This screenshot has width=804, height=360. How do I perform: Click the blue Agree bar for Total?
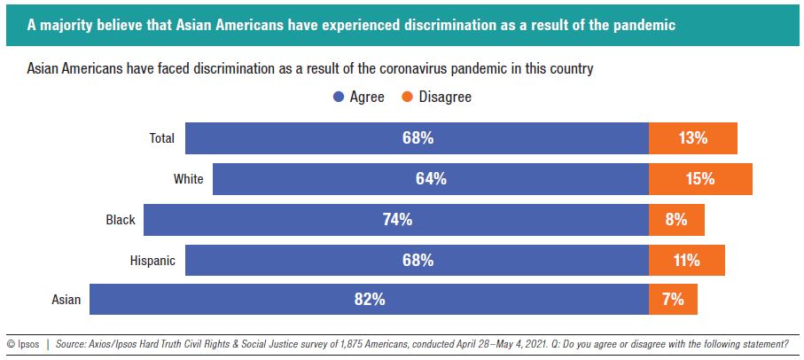coord(417,138)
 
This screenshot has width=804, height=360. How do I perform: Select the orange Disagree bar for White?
coord(700,179)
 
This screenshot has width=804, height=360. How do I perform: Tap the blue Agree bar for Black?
coord(396,220)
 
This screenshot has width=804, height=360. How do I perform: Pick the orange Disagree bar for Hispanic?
coord(686,261)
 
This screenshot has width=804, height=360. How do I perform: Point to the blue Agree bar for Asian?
coord(369,300)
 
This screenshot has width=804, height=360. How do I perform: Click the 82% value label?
coord(369,300)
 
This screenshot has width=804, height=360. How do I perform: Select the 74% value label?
coord(396,220)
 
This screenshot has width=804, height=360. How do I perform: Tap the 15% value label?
coord(700,179)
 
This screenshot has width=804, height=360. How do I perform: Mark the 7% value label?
coord(673,300)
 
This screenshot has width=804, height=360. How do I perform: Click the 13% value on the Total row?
coord(692,138)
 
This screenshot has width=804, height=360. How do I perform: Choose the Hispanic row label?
coord(152,261)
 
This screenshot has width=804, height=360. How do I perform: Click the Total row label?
coord(160,138)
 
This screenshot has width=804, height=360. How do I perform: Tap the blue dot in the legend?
coord(339,97)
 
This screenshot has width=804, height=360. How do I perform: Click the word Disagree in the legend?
coord(445,97)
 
